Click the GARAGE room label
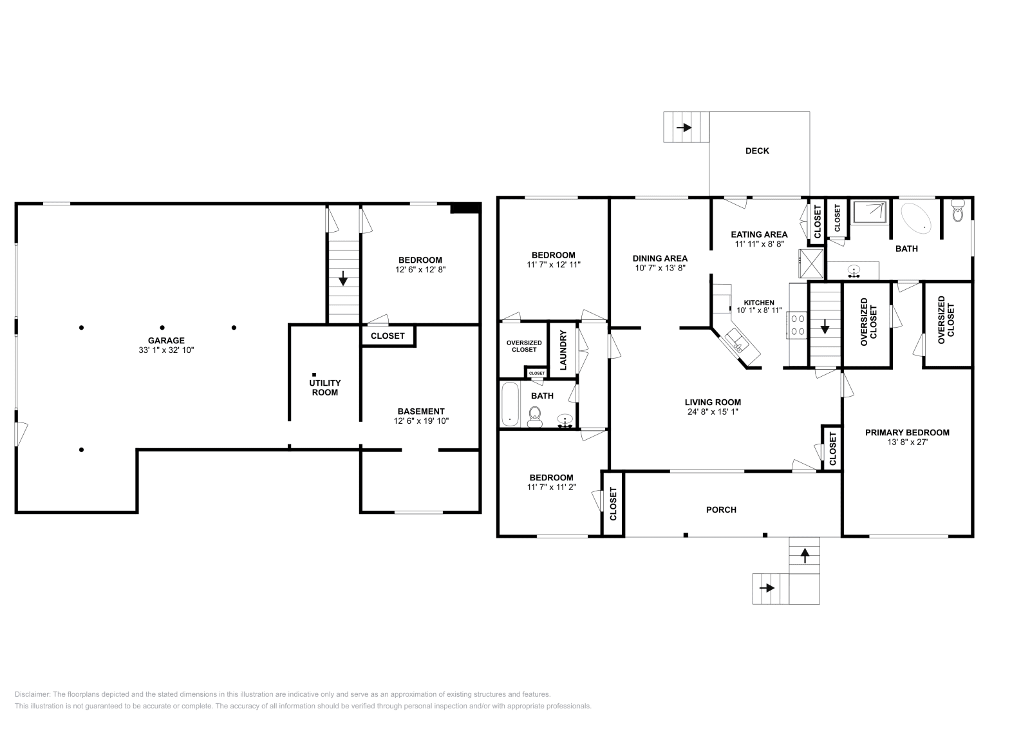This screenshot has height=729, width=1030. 166,341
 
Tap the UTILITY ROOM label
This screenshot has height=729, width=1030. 324,387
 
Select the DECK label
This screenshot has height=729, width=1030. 757,151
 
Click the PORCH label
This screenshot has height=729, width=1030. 721,509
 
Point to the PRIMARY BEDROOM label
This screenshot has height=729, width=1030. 906,432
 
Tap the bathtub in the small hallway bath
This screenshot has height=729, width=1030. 509,405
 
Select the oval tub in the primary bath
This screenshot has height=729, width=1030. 915,217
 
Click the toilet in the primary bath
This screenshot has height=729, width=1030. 958,211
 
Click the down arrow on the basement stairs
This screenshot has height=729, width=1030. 343,279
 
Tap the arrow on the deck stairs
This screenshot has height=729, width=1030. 684,128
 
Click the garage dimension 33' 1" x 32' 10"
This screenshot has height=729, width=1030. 166,350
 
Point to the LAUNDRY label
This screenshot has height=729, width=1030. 563,350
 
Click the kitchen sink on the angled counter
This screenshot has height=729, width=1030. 736,341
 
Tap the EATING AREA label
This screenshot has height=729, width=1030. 759,234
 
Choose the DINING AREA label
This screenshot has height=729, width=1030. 659,258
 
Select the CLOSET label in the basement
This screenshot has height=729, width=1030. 388,336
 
